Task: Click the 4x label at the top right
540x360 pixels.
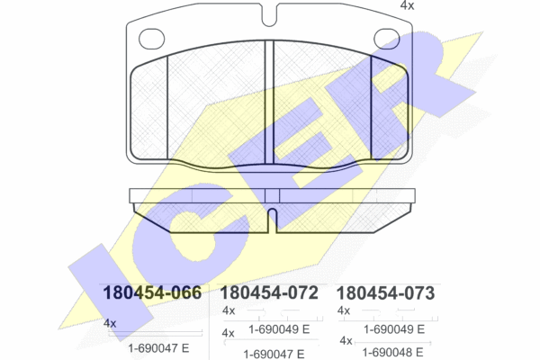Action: point(407,5)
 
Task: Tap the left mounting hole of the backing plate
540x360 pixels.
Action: point(151,39)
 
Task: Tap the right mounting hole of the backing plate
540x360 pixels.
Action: point(386,39)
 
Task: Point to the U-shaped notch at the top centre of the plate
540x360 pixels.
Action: point(269,15)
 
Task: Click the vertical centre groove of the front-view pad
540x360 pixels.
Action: point(269,103)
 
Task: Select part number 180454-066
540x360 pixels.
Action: point(152,292)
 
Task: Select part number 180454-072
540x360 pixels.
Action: point(269,292)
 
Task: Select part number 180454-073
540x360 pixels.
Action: point(385,293)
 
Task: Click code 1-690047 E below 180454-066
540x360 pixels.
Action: point(158,348)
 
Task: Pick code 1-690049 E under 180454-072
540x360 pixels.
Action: point(279,329)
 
